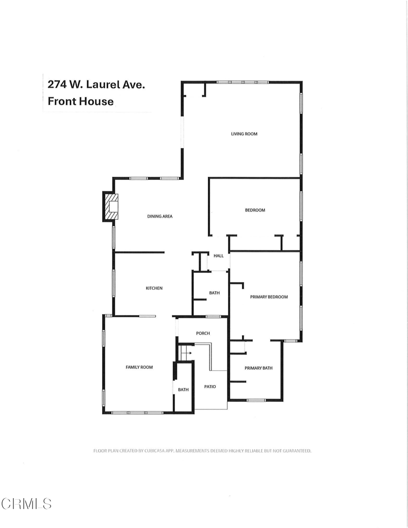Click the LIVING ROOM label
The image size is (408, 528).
tap(243, 134)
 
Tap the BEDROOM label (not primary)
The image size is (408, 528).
tap(255, 210)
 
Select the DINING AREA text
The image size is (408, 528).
tap(160, 217)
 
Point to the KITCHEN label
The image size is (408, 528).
tap(154, 288)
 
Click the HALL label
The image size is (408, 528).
tap(219, 256)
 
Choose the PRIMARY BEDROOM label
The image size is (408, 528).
tap(269, 297)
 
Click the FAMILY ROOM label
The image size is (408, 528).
tap(139, 367)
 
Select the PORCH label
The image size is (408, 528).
tap(203, 334)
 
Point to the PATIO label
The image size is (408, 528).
tap(209, 387)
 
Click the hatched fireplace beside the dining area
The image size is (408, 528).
tap(111, 207)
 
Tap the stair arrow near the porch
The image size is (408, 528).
tap(187, 353)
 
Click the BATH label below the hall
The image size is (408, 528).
tap(214, 293)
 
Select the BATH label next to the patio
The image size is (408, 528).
tap(183, 390)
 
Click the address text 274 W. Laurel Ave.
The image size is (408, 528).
tap(96, 84)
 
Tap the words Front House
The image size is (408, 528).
tap(80, 101)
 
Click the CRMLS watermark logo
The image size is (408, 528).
tap(27, 503)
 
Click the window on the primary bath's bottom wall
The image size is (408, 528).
tap(256, 400)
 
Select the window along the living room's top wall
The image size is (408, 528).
tap(242, 82)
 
